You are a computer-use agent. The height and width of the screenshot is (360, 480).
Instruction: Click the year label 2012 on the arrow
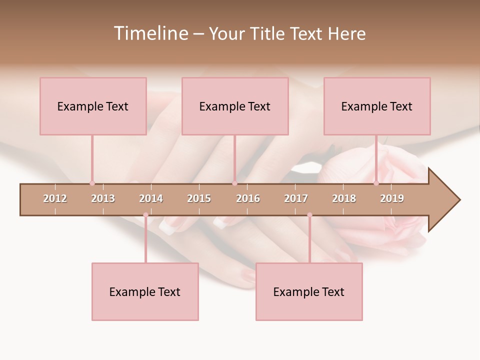click(x=55, y=198)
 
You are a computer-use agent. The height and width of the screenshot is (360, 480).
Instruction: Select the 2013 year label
click(x=103, y=198)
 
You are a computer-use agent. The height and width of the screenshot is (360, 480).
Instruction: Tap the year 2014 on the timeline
click(x=151, y=198)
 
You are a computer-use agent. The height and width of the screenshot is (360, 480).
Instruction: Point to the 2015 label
click(x=199, y=198)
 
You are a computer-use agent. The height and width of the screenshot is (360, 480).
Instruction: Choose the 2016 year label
click(x=248, y=198)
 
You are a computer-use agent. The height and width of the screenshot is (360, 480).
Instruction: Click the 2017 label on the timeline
click(x=296, y=198)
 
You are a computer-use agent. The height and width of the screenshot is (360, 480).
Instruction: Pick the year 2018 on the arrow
click(x=344, y=198)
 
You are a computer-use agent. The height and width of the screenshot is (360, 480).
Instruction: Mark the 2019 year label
click(x=392, y=198)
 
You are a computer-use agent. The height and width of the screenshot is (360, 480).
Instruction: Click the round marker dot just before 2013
click(x=92, y=183)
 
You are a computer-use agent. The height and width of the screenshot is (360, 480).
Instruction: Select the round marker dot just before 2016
click(x=234, y=183)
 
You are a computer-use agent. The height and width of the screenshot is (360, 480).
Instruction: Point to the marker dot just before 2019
click(x=376, y=183)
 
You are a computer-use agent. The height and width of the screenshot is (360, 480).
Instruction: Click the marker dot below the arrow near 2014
click(x=145, y=215)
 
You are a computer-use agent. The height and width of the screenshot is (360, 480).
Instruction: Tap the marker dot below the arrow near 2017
click(x=309, y=215)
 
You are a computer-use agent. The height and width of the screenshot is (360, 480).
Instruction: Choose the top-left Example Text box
click(x=93, y=106)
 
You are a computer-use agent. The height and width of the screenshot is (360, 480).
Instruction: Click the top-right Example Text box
click(x=377, y=106)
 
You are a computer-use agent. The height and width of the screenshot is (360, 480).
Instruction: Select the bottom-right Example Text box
click(x=309, y=291)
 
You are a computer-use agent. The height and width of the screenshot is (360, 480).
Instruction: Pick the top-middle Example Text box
click(x=235, y=106)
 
